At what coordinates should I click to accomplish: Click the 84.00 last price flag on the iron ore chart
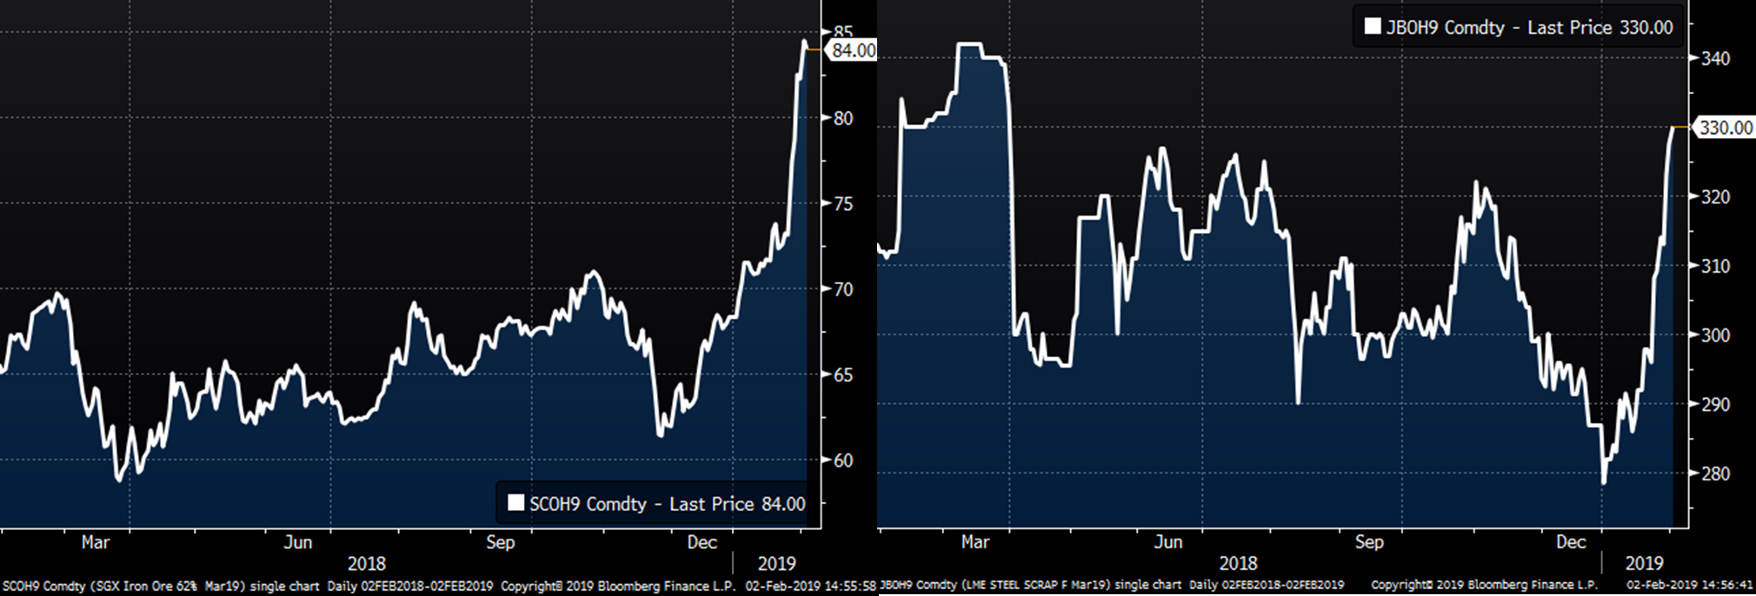(x=853, y=50)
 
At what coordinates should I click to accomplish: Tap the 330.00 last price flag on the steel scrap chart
(x=1725, y=128)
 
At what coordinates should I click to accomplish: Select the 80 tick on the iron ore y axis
(x=842, y=118)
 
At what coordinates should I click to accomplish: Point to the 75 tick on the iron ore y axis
(x=842, y=204)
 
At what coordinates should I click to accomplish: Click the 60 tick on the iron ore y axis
(x=842, y=460)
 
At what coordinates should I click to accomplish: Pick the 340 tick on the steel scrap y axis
(x=1715, y=59)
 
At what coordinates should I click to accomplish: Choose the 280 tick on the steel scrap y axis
(x=1715, y=473)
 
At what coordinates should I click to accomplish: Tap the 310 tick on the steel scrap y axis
(x=1715, y=266)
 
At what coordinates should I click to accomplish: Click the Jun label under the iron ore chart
(x=297, y=542)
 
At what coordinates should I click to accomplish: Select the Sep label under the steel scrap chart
(x=1368, y=542)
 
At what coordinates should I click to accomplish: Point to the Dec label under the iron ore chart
(x=702, y=542)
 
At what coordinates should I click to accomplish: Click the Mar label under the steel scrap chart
(x=974, y=542)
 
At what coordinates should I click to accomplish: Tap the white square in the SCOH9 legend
(x=515, y=503)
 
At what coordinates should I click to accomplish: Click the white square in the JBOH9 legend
(x=1372, y=26)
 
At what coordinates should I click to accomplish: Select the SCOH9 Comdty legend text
(x=588, y=504)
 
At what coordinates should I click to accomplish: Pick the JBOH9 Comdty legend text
(x=1445, y=27)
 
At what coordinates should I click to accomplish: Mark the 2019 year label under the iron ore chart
(x=776, y=563)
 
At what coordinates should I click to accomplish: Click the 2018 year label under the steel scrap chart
(x=1238, y=563)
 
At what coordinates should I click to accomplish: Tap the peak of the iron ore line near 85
(x=804, y=41)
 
